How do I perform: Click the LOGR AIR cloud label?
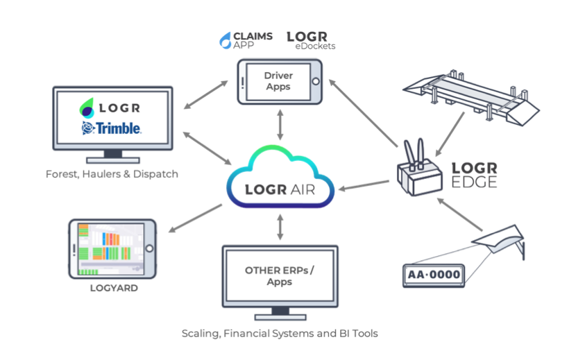click(x=280, y=189)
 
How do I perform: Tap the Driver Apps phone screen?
click(x=278, y=81)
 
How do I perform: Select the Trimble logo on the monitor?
click(x=112, y=128)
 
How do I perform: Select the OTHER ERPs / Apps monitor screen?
click(x=280, y=277)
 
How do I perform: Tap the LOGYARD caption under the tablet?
click(x=114, y=286)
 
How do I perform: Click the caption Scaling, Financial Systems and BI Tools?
click(x=280, y=334)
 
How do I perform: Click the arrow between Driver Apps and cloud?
click(x=280, y=126)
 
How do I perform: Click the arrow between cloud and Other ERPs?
click(x=280, y=228)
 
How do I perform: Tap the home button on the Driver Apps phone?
click(x=316, y=81)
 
